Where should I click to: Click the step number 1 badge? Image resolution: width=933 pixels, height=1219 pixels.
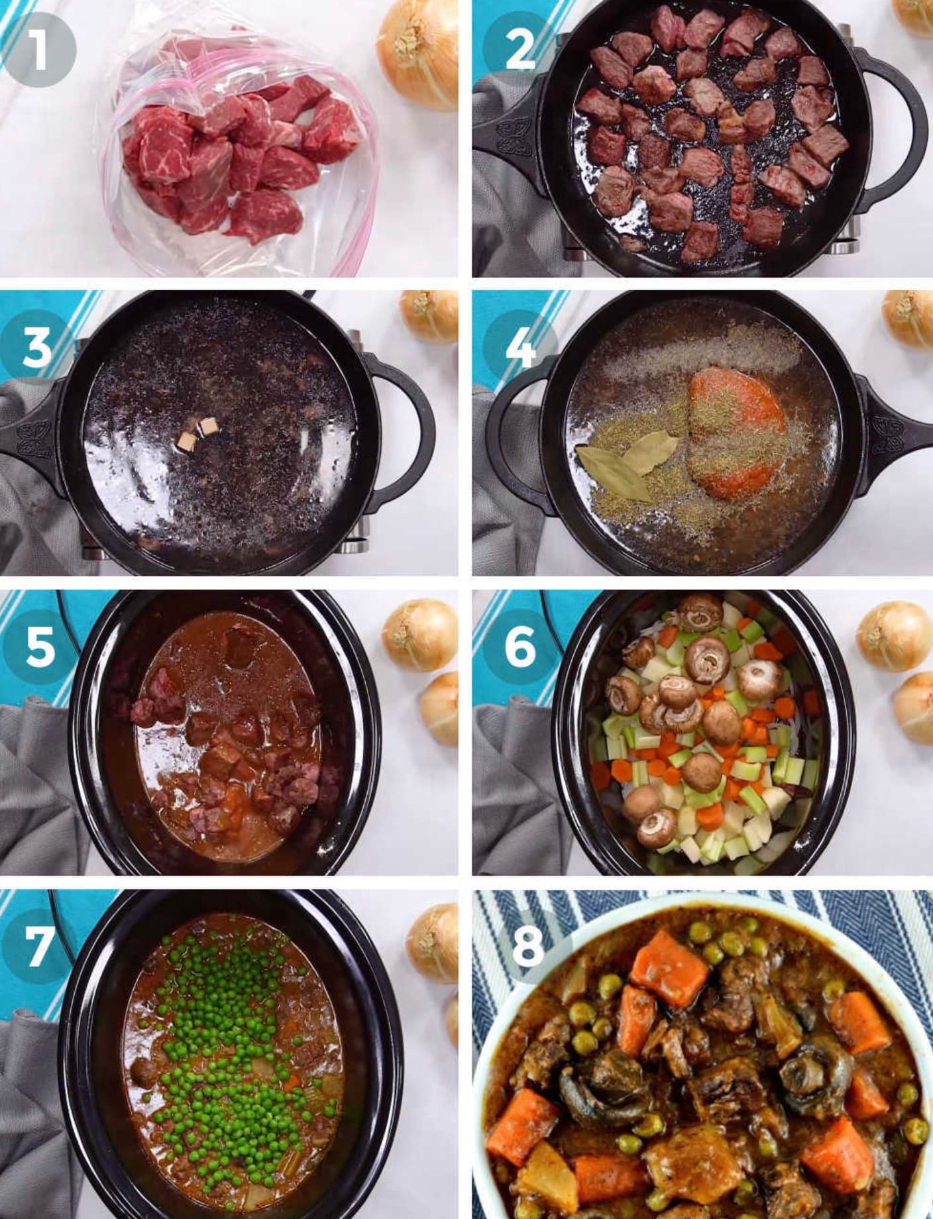(38, 50)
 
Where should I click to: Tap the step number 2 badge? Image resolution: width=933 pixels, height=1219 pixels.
(520, 50)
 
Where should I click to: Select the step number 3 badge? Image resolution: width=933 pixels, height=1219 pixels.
(37, 348)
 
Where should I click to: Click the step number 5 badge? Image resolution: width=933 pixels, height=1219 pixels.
(38, 647)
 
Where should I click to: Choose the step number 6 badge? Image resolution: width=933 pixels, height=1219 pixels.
(520, 647)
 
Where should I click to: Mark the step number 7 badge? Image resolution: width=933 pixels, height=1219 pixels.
(37, 945)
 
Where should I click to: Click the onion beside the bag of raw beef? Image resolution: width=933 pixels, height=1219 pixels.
(417, 56)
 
